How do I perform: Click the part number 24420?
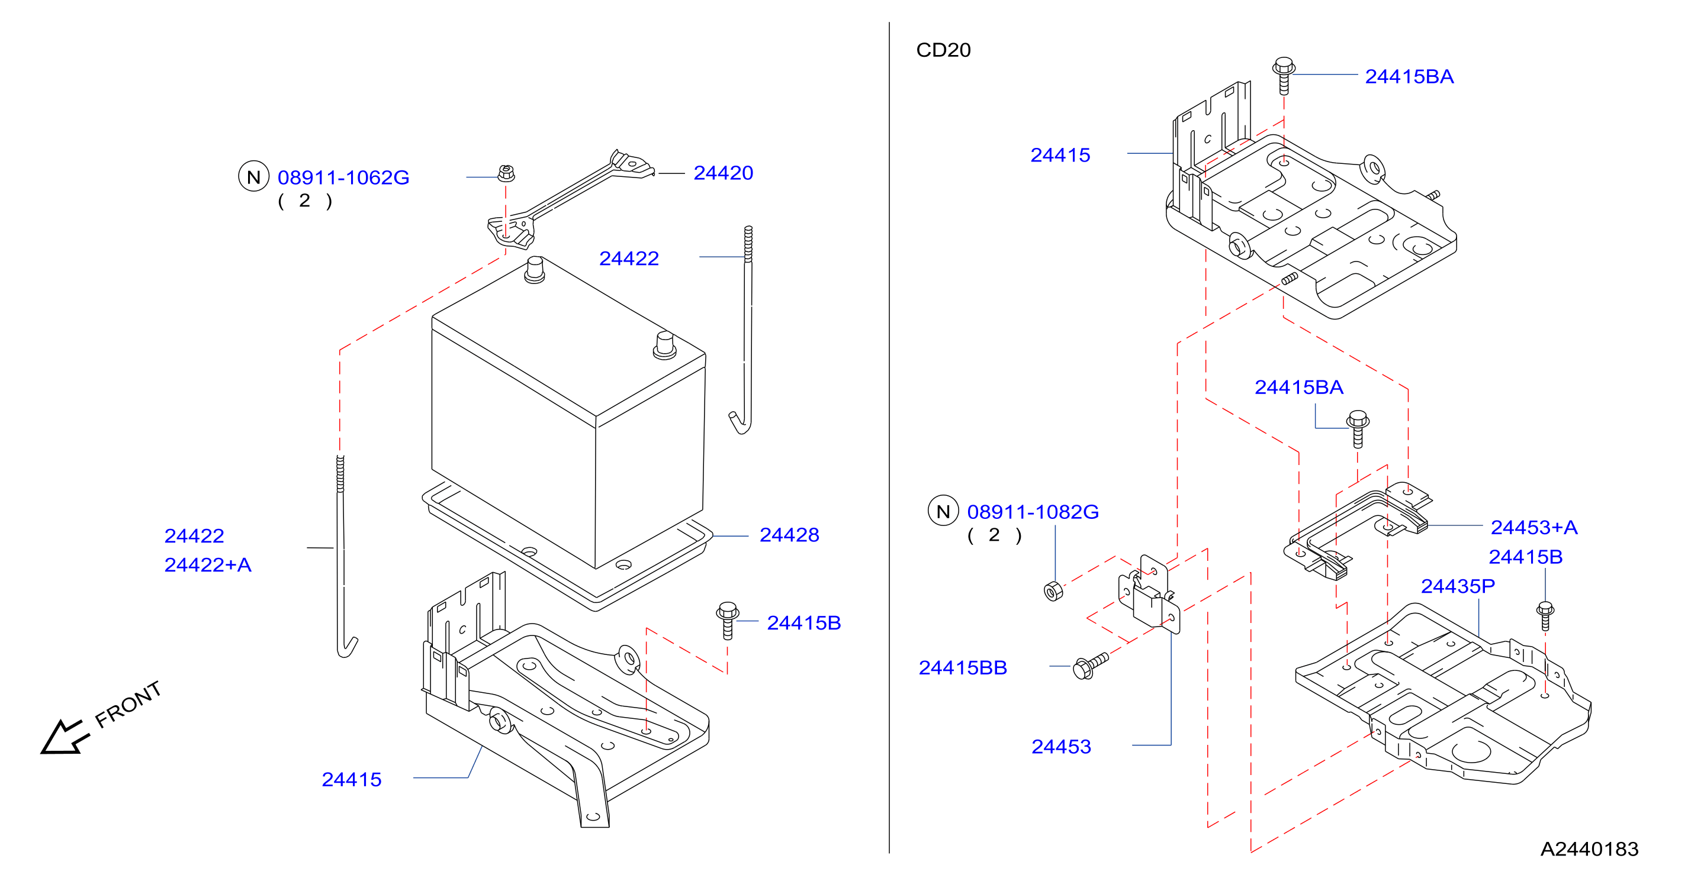click(723, 173)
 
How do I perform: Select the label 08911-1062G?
click(343, 178)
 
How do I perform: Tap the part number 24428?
click(789, 535)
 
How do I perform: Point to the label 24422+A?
click(208, 565)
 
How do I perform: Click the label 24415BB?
click(963, 669)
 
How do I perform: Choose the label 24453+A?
click(1534, 528)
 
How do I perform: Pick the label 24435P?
click(1458, 586)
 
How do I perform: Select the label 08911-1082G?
click(1033, 512)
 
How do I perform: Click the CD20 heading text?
click(943, 50)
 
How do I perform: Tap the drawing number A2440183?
click(1590, 850)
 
